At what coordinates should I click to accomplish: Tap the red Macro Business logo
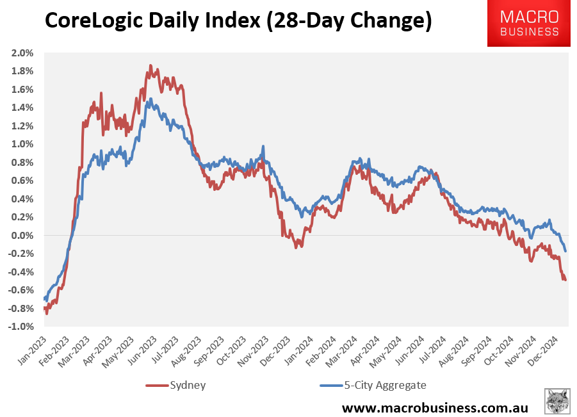pyautogui.click(x=529, y=24)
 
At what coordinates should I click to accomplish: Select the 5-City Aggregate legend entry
pyautogui.click(x=371, y=385)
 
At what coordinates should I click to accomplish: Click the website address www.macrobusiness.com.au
pyautogui.click(x=435, y=407)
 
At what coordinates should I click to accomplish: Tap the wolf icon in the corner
pyautogui.click(x=557, y=401)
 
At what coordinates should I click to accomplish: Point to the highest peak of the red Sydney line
pyautogui.click(x=150, y=65)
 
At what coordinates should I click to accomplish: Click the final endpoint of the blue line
pyautogui.click(x=565, y=250)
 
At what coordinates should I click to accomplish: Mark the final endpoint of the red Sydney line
pyautogui.click(x=565, y=279)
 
